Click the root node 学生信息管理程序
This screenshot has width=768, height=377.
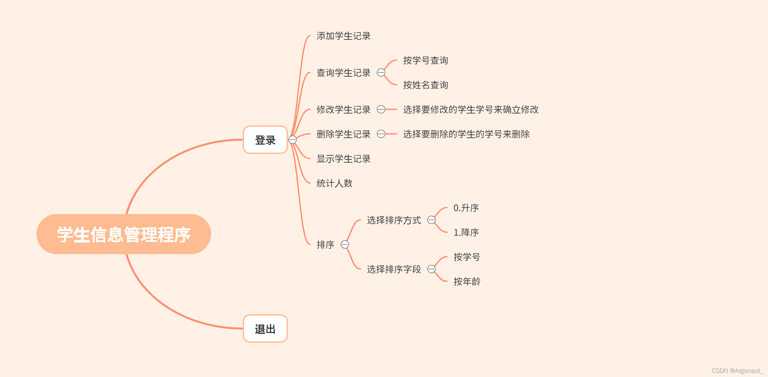click(124, 234)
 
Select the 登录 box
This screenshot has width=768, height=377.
click(265, 140)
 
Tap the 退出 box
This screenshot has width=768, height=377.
click(265, 329)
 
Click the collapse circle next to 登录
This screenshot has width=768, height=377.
click(293, 140)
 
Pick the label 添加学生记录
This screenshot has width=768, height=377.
click(343, 36)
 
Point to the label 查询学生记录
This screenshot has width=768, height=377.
click(343, 73)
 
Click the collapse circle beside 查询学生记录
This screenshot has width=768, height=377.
click(381, 72)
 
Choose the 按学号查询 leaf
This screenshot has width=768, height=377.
click(425, 60)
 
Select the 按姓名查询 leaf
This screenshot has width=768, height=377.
click(425, 85)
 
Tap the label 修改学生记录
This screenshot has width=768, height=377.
click(343, 110)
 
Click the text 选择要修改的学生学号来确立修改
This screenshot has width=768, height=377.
click(471, 110)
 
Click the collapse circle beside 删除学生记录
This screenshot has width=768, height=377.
click(381, 134)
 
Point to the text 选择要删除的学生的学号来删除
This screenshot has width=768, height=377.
click(466, 134)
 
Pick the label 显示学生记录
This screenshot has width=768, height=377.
click(343, 159)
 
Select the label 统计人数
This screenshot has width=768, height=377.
click(334, 183)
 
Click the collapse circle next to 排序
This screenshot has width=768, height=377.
click(345, 244)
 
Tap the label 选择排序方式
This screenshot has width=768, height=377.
click(394, 220)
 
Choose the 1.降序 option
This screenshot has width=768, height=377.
click(466, 232)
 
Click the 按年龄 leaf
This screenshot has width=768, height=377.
click(467, 282)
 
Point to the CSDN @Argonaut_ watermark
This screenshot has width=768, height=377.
click(737, 371)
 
